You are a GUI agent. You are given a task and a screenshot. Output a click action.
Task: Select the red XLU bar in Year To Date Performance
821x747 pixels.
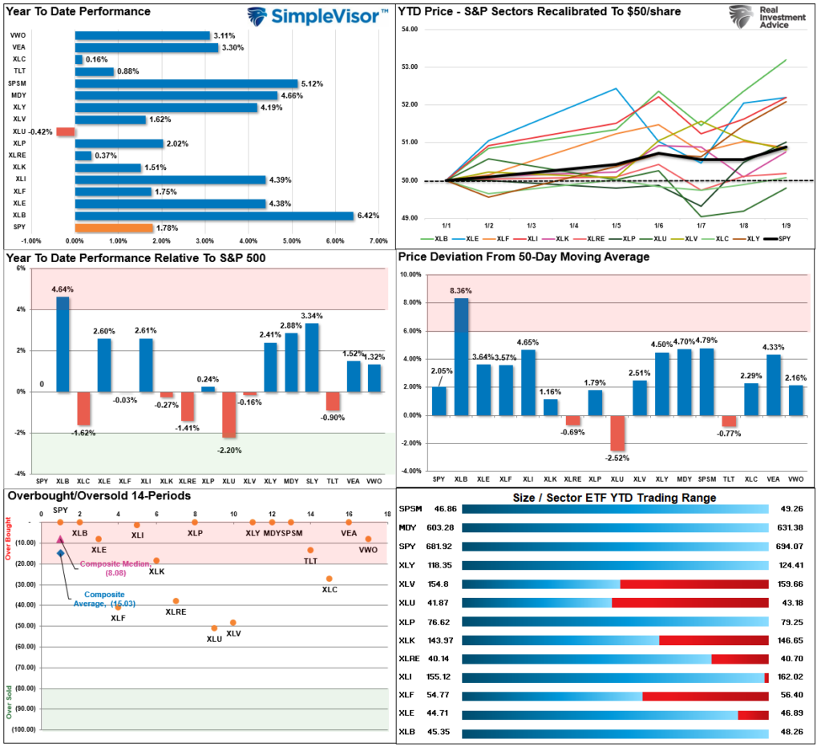point(66,131)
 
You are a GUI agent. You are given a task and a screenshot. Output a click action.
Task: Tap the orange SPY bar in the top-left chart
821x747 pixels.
point(113,228)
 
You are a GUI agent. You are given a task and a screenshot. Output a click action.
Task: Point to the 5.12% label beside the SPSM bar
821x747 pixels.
point(312,83)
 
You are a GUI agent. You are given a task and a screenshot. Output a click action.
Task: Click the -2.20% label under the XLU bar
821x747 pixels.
point(228,450)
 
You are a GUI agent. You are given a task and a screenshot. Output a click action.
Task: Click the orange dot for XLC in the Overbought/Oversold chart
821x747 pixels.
point(329,579)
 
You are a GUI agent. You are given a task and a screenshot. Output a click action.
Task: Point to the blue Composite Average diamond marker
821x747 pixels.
point(60,553)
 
